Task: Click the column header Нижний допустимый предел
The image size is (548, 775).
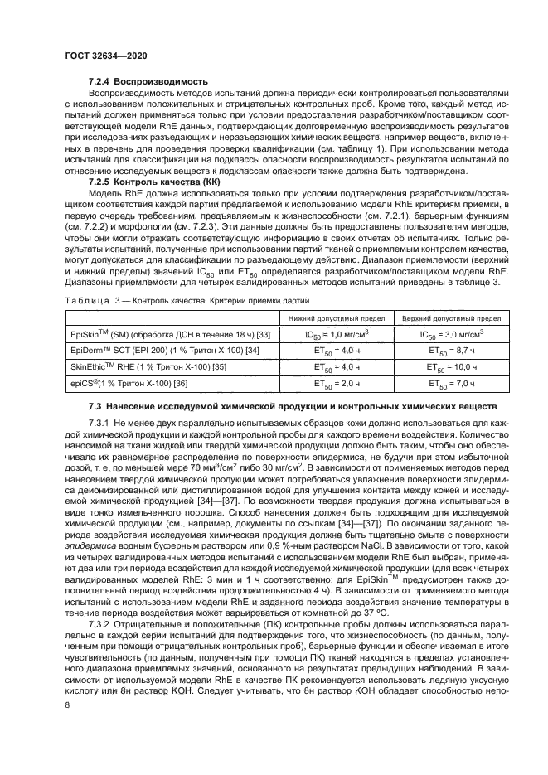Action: pyautogui.click(x=335, y=317)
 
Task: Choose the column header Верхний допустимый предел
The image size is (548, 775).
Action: pyautogui.click(x=451, y=317)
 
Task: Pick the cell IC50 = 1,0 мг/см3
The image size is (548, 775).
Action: pyautogui.click(x=335, y=334)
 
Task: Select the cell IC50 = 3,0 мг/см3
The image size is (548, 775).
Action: pyautogui.click(x=451, y=334)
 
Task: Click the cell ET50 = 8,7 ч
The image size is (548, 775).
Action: pyautogui.click(x=451, y=350)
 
